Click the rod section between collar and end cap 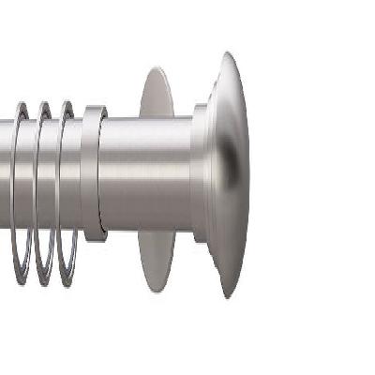click(x=150, y=173)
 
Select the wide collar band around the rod click(x=93, y=173)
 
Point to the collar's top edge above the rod click(x=94, y=110)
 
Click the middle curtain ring click(x=42, y=187)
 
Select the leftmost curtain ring click(x=17, y=187)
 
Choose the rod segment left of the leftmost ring click(x=5, y=173)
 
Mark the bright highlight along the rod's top click(x=150, y=131)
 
